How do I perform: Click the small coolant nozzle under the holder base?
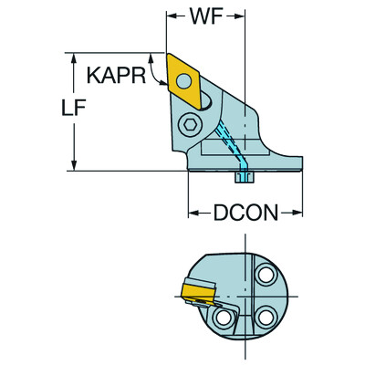244,178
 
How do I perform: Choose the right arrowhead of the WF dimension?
243,16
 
